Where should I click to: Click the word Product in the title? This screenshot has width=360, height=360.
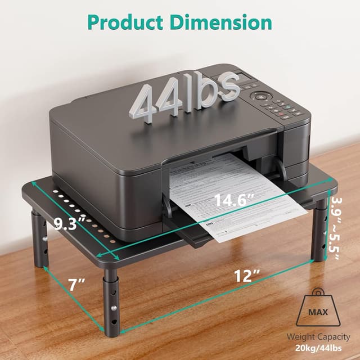[125, 22]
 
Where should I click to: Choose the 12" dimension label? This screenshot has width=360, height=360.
[248, 275]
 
